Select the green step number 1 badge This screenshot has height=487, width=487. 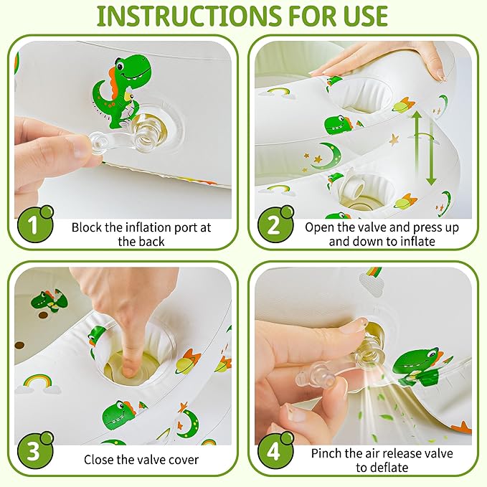tap(35, 224)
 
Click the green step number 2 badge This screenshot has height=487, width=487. tap(275, 224)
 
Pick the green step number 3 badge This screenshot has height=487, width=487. tap(35, 450)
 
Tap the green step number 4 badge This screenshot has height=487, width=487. tap(275, 450)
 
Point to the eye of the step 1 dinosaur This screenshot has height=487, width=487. tap(120, 65)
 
